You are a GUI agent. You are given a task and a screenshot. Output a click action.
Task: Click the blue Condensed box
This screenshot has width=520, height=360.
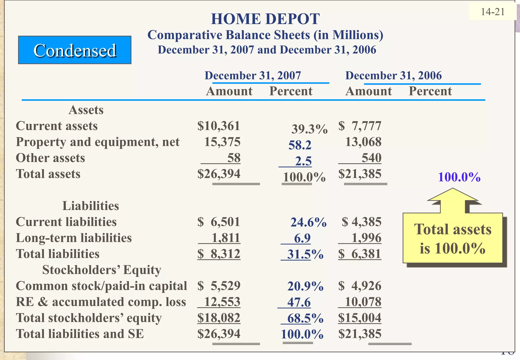pos(75,50)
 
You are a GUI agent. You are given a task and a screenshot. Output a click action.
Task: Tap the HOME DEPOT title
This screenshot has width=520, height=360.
pos(265,19)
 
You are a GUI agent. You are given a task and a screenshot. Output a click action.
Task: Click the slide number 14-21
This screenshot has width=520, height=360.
pos(493,12)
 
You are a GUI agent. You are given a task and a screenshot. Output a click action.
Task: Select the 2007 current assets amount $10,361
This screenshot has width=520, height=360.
pos(219,126)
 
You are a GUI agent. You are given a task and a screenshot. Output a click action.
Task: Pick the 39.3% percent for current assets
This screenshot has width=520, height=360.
pos(309,129)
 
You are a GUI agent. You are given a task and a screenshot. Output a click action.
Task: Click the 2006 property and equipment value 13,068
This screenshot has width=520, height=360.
pos(363,142)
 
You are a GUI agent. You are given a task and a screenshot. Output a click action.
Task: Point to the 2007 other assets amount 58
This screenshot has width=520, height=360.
pos(234,158)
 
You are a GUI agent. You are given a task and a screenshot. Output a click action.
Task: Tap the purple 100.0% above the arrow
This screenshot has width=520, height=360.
pos(459,177)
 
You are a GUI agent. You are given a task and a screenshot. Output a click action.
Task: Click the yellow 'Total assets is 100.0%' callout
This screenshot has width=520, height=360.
pos(453,238)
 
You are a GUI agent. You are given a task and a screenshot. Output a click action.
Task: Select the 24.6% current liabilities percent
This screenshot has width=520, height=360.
pos(308,222)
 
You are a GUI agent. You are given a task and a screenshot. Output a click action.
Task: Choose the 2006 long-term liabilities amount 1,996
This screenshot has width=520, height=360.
pos(366,238)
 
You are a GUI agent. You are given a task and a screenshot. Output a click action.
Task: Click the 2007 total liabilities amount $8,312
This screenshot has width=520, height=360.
pos(219,254)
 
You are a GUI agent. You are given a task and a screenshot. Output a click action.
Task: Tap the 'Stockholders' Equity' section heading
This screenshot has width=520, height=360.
pos(102,270)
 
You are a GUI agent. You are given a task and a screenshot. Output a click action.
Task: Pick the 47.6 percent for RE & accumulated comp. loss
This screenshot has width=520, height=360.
pos(299,302)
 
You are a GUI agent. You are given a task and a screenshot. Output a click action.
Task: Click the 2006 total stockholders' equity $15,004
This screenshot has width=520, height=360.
pos(360,318)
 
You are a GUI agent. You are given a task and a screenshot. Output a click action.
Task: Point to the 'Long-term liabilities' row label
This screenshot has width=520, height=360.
pos(74,238)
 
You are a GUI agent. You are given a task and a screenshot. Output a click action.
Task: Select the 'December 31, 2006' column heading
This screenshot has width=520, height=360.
pos(393,76)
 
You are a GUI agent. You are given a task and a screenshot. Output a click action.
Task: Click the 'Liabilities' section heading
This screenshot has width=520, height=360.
pos(91,206)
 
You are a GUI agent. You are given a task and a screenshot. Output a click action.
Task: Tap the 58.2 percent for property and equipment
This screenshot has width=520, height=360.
pos(300,145)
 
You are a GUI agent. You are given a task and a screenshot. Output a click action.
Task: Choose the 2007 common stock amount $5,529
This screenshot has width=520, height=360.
pos(219,286)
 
